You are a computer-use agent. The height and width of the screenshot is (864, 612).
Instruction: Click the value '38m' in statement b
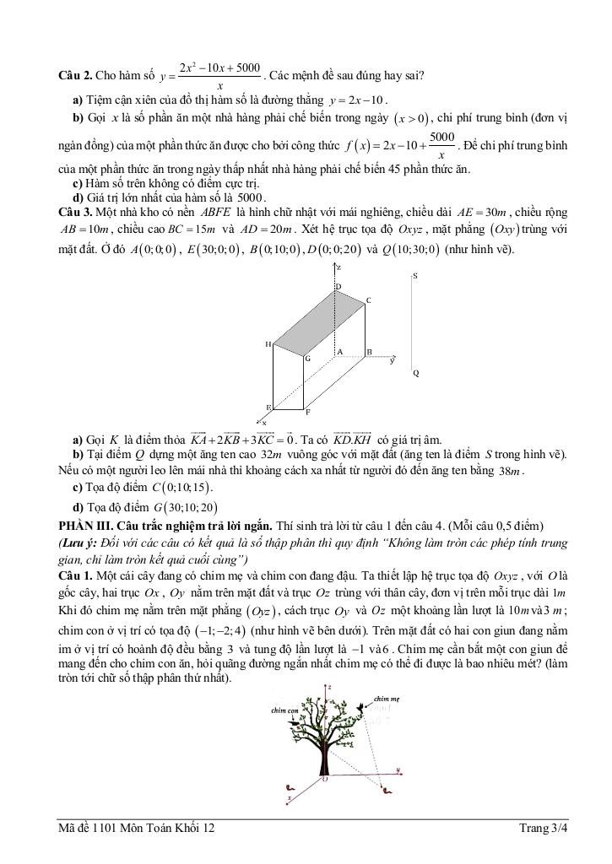click(x=511, y=470)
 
